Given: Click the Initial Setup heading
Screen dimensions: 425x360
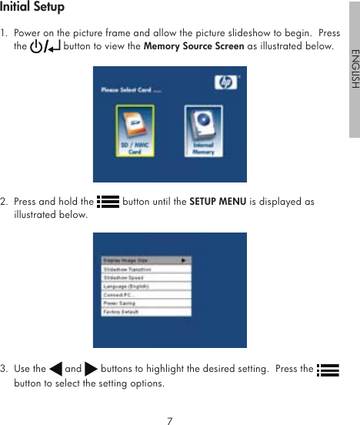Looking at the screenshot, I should tap(32, 8).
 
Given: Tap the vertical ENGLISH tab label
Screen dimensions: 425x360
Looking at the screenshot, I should tap(354, 69).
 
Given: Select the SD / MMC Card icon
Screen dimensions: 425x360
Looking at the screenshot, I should tap(135, 131).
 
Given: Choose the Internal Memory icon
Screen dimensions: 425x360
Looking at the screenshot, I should tap(203, 131).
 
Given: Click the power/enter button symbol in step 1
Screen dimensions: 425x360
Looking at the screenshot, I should tap(45, 48).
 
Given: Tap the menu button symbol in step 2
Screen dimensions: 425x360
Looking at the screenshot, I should tap(108, 202).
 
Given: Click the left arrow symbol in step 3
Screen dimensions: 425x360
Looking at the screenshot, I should tap(55, 370).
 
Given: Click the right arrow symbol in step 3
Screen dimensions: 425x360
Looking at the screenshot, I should tap(91, 370).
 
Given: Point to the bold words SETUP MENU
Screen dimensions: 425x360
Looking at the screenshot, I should tap(218, 202).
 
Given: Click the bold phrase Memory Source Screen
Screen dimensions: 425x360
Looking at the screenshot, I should tap(194, 47).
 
